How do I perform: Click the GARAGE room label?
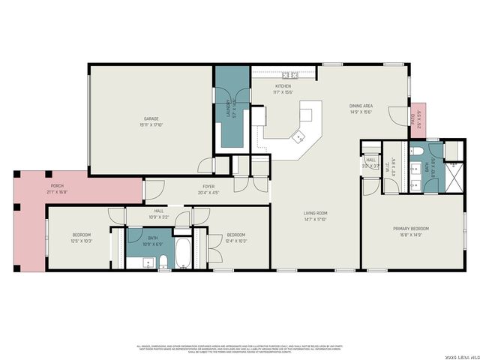(x=151, y=118)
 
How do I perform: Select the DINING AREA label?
(x=361, y=106)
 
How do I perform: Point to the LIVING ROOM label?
(x=315, y=213)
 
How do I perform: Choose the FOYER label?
(x=208, y=186)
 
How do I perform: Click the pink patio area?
(x=417, y=119)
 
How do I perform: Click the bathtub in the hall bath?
(x=184, y=255)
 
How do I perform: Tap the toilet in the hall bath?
(x=163, y=262)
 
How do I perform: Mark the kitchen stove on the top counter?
(x=289, y=75)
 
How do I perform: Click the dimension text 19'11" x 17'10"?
(x=151, y=124)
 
